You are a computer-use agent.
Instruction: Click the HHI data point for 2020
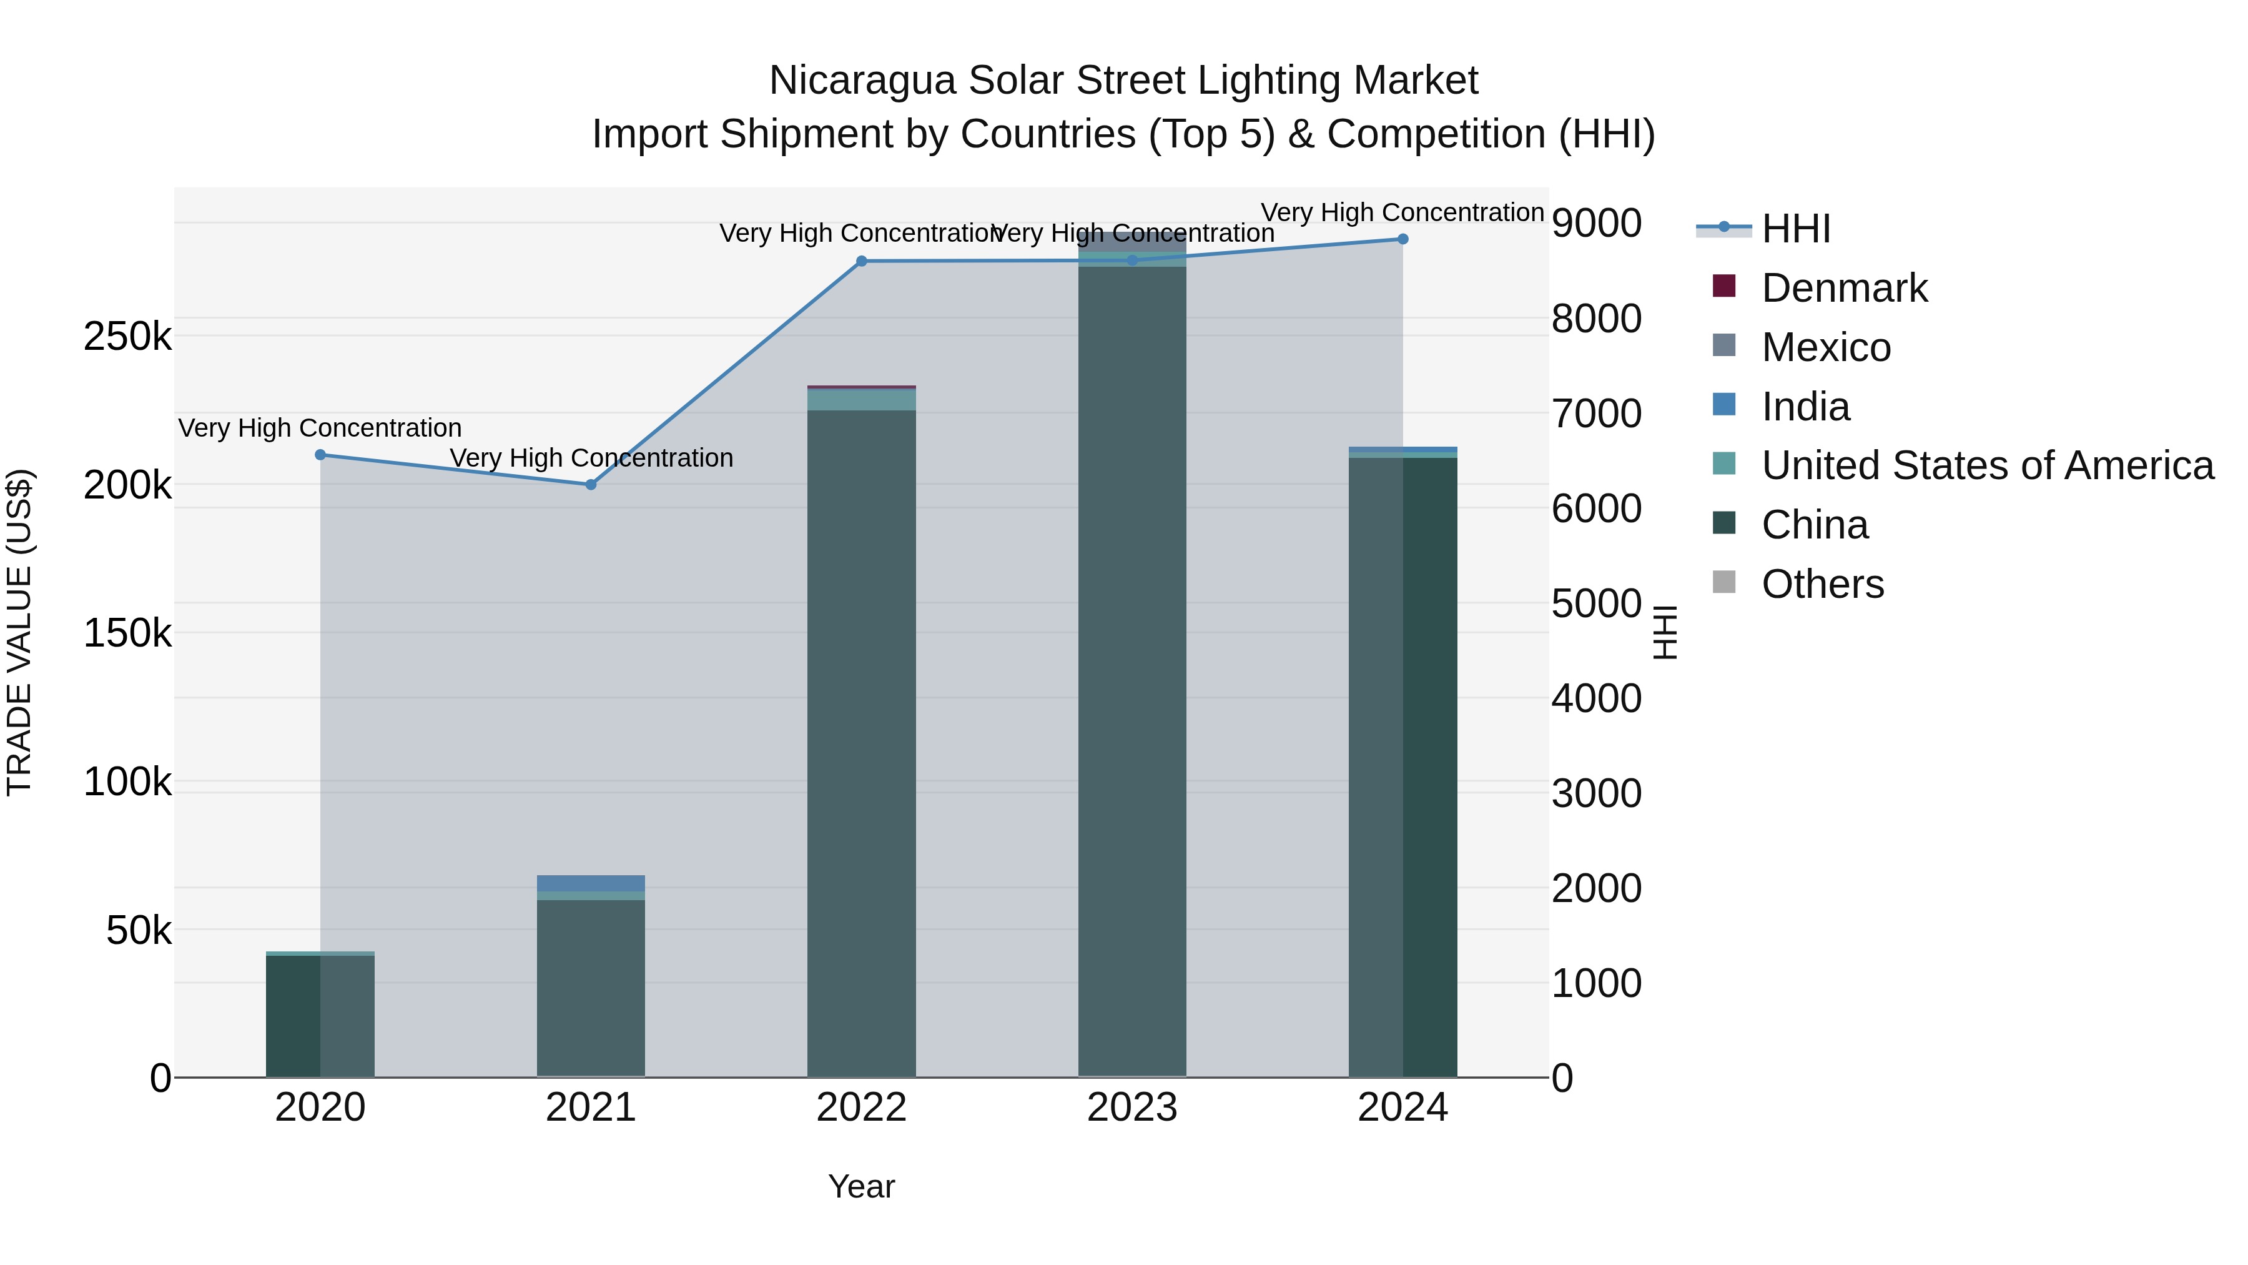320,455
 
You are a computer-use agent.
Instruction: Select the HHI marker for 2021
591,485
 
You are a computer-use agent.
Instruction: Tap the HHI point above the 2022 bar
861,261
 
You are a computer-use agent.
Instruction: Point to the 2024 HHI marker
1403,239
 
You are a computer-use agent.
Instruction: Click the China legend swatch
1724,524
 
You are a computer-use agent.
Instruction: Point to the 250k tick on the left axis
127,337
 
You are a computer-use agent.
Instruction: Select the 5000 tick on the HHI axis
1596,603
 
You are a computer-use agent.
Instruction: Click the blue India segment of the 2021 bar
591,883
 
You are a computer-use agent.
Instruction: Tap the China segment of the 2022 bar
861,742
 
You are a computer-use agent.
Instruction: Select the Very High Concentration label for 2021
591,459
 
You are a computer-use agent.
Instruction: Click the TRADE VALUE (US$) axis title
19,632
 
